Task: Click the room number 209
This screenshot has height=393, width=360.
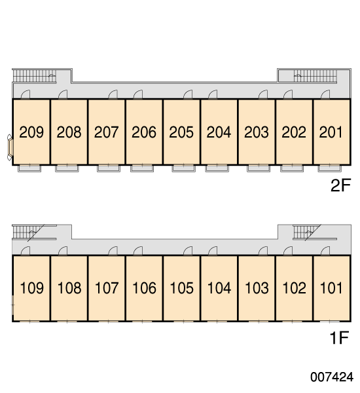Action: (x=31, y=132)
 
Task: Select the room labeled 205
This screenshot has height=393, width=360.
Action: (x=181, y=132)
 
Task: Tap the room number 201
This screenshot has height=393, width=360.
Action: (x=331, y=132)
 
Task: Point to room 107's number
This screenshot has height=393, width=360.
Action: (x=107, y=288)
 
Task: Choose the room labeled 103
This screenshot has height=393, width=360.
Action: (x=257, y=288)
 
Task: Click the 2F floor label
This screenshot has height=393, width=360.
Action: (x=341, y=185)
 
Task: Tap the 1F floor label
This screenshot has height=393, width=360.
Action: (x=339, y=338)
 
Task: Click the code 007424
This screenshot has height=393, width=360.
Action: (x=332, y=377)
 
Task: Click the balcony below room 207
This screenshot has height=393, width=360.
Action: (x=109, y=168)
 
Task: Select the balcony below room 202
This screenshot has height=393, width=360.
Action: (x=292, y=168)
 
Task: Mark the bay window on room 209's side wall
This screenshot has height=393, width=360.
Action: (x=10, y=147)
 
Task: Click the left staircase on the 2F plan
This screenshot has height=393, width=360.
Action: (x=34, y=76)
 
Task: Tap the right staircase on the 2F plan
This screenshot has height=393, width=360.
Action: (x=315, y=76)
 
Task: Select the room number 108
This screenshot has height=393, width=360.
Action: (x=69, y=288)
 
